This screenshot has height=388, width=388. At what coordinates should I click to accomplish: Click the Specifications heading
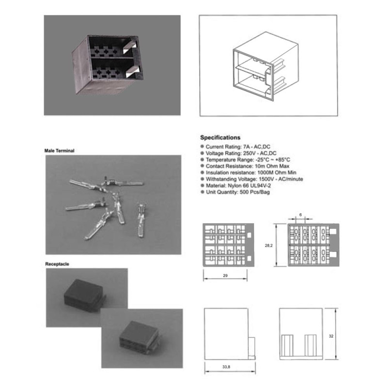tap(220, 138)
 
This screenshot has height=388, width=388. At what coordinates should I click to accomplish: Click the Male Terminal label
tap(59, 151)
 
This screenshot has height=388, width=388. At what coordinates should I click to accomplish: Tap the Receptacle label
tap(57, 264)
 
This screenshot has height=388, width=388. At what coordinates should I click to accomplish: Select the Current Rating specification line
tap(236, 147)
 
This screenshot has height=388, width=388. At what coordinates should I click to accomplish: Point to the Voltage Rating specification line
tap(239, 153)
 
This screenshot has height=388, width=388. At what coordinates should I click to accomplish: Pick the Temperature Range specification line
tap(245, 160)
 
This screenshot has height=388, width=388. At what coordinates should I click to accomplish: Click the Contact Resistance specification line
tap(245, 166)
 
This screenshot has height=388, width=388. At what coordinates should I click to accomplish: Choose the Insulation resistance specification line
tap(248, 173)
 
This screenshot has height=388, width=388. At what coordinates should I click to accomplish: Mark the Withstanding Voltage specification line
tap(252, 179)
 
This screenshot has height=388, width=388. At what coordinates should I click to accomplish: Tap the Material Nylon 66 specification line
tap(236, 185)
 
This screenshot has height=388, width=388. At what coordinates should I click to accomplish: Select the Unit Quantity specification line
tap(235, 192)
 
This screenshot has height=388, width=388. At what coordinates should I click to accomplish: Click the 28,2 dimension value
tap(269, 245)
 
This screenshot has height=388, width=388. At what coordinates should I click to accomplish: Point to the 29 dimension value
tap(225, 275)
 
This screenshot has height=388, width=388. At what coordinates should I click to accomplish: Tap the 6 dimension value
tap(300, 215)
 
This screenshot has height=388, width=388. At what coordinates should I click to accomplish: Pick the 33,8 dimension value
tap(226, 367)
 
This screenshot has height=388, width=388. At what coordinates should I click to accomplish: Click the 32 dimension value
tap(331, 336)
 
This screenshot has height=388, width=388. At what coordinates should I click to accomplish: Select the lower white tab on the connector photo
tap(133, 72)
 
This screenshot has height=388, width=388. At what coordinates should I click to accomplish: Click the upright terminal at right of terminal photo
tap(141, 220)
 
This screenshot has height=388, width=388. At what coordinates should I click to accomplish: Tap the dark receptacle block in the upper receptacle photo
tap(84, 293)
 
